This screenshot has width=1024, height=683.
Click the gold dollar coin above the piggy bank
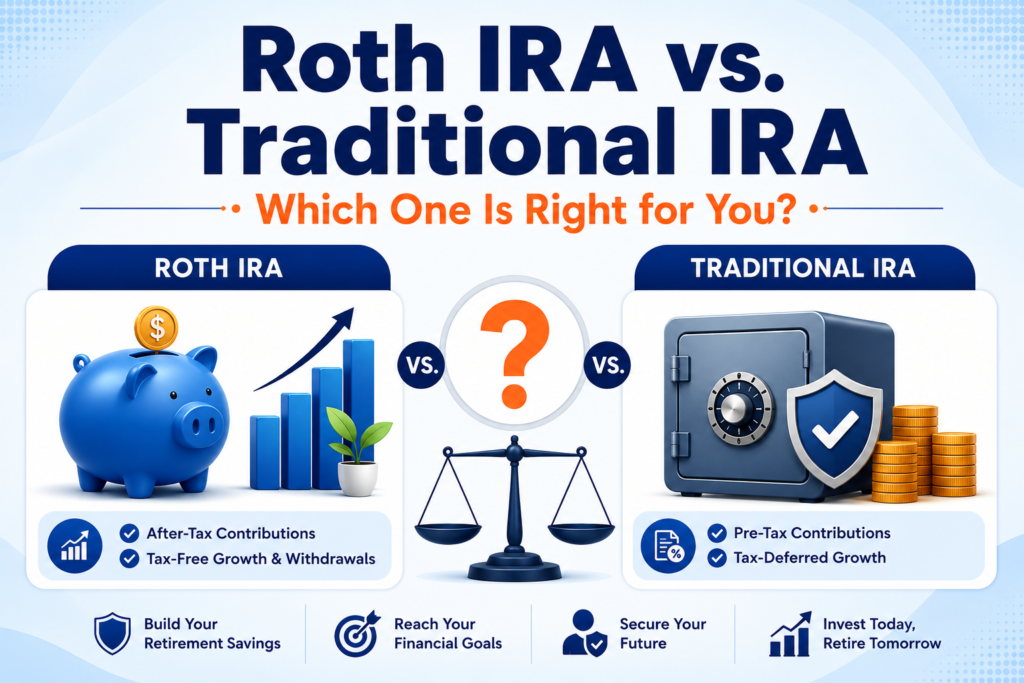point(156,328)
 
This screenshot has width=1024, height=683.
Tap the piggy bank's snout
point(200,425)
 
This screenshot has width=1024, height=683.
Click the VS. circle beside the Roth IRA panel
point(421,365)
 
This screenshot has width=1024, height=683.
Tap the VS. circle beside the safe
point(607,365)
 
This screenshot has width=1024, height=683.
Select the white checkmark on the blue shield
point(835,429)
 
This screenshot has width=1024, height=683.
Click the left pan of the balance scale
point(447,530)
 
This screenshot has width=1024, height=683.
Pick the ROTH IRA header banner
point(219,268)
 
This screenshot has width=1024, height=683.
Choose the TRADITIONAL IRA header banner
point(804,268)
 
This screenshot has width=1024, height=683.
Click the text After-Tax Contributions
point(231,533)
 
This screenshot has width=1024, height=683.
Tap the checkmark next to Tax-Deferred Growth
point(717,558)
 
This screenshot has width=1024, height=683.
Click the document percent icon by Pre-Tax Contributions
point(668,546)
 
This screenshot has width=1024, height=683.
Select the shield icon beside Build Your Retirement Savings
point(112,633)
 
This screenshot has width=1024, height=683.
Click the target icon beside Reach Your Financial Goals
point(357,633)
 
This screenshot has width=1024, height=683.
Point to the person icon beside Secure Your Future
point(584,633)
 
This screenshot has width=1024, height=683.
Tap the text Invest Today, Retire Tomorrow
point(882,633)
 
